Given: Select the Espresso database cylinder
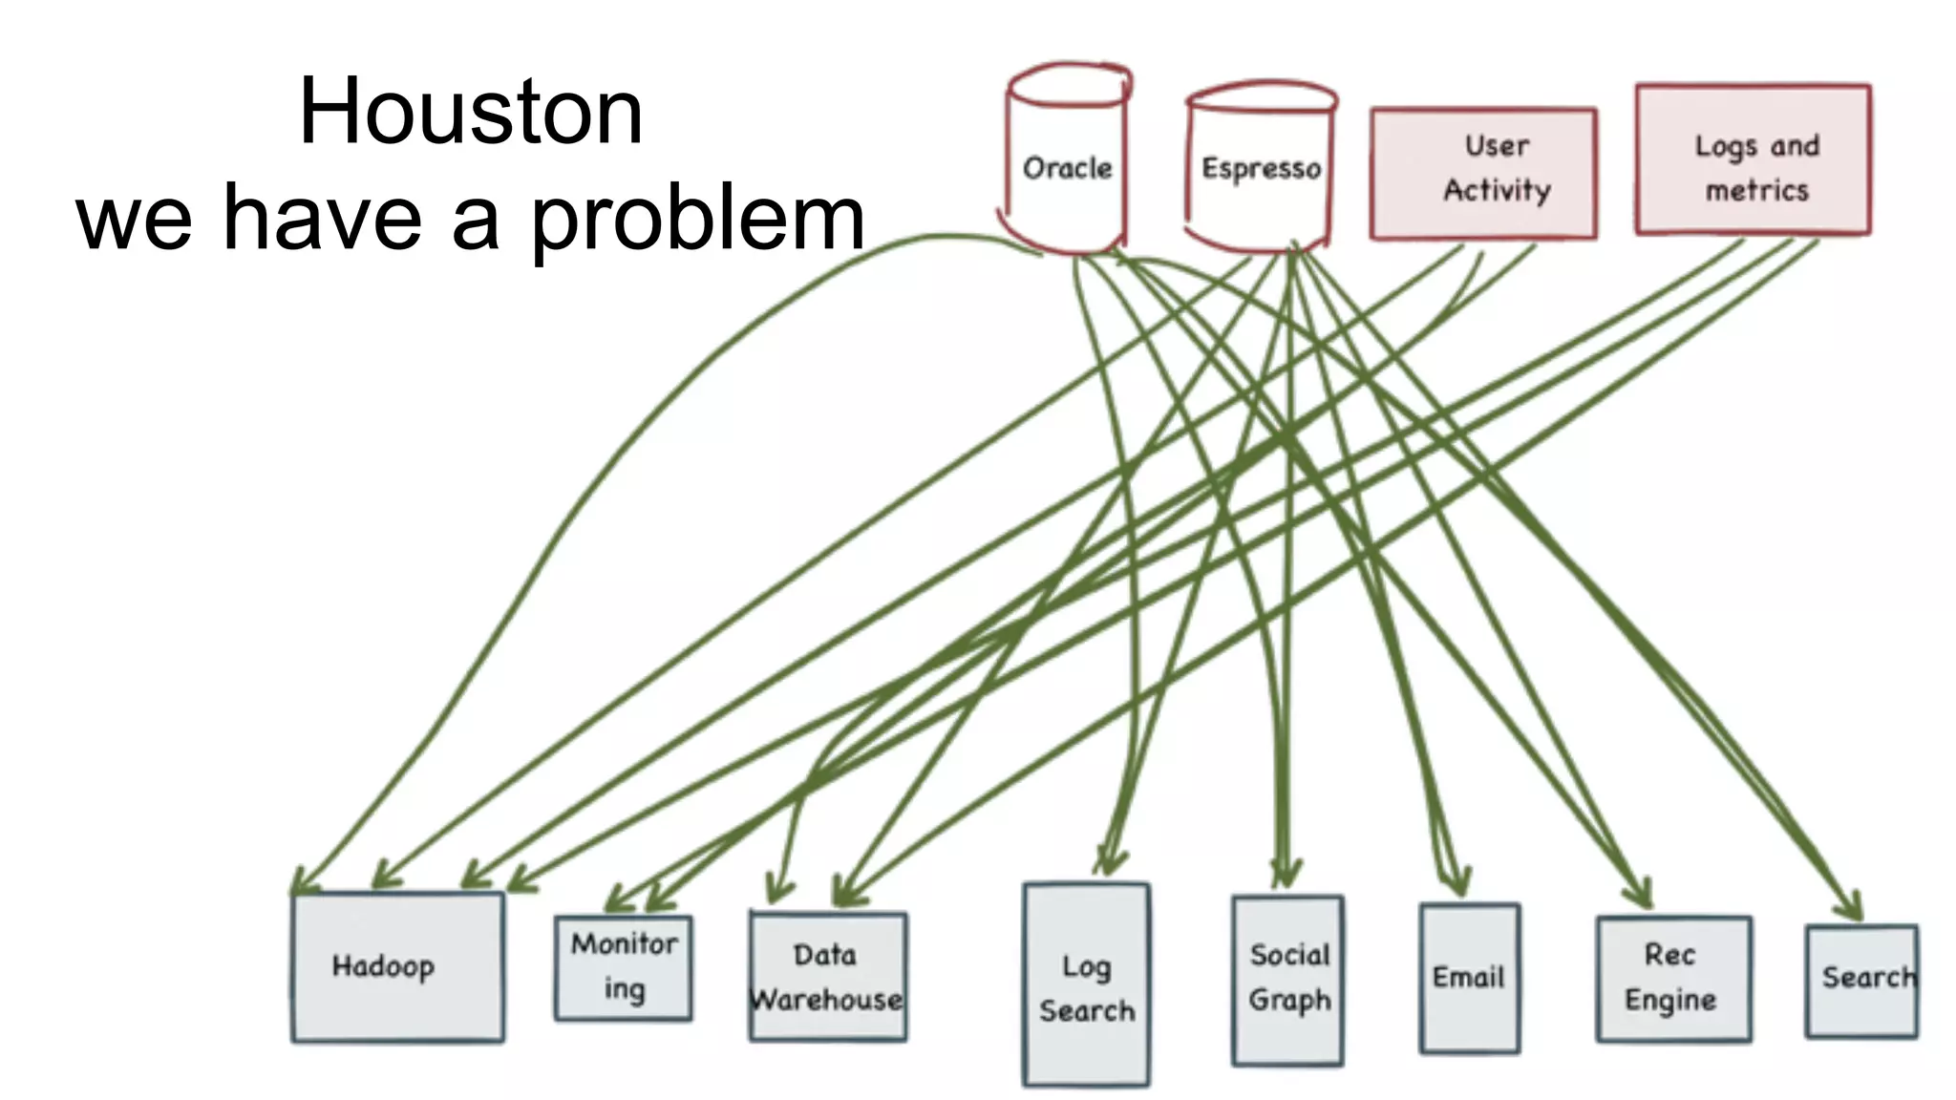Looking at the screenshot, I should click(1260, 170).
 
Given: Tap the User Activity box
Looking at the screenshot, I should click(1483, 173).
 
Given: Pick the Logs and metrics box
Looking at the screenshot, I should click(1754, 160).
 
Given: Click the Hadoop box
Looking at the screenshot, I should click(397, 966).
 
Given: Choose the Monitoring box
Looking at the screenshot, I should click(624, 967).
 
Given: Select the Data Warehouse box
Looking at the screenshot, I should click(827, 976).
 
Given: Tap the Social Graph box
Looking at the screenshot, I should click(1287, 980).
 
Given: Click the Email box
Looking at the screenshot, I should click(1469, 978).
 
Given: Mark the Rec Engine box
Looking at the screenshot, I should click(1672, 978).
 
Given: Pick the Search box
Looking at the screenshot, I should click(1860, 980).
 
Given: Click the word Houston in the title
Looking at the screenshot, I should click(471, 112).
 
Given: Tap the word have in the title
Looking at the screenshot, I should click(323, 220).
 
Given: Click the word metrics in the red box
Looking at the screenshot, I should click(1756, 191).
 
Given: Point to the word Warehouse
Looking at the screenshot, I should click(827, 1000).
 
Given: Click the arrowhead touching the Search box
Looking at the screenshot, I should click(1853, 907).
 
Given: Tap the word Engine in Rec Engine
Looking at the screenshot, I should click(1670, 1000).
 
